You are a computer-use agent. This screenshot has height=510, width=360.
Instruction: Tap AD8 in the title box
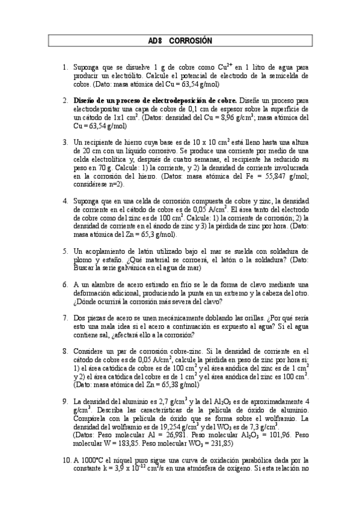[x=155, y=40]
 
